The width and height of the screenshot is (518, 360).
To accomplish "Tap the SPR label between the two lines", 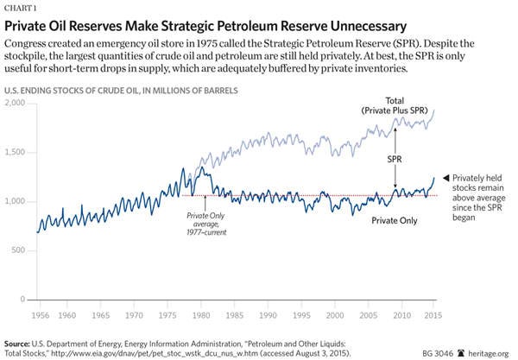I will click(395, 160).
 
